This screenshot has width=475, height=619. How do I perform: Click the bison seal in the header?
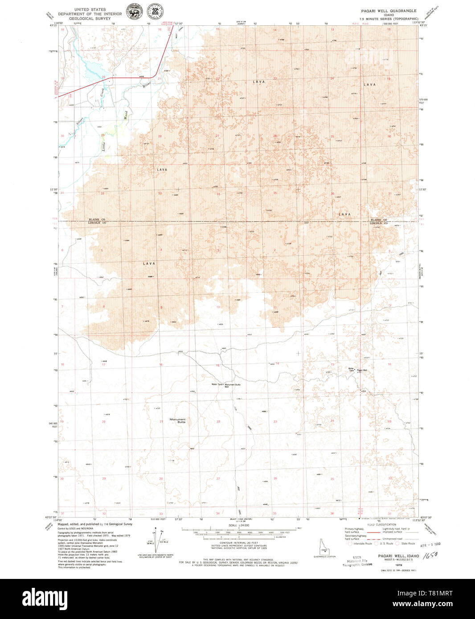[x=133, y=12]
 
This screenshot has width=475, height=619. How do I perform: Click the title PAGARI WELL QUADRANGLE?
[x=389, y=11]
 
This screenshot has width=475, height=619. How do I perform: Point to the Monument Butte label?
[x=177, y=420]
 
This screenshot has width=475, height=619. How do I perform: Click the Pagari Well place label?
[x=362, y=370]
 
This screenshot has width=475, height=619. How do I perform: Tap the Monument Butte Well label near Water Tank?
[x=232, y=385]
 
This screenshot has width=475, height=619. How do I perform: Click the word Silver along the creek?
[x=79, y=120]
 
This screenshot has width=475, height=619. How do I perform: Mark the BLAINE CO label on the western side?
[x=96, y=220]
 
